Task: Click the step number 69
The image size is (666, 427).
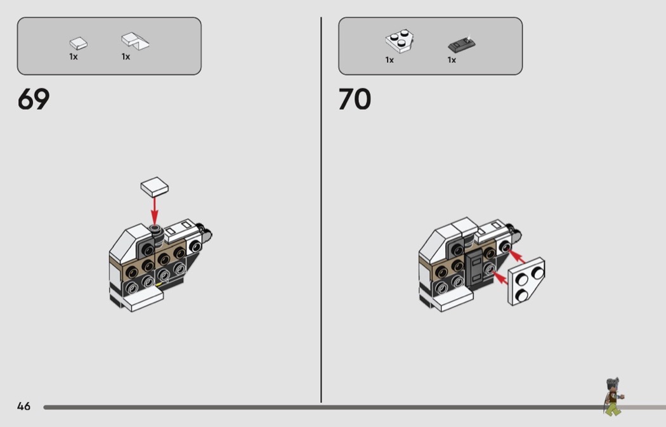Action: pyautogui.click(x=34, y=99)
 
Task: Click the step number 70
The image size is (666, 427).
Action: pyautogui.click(x=355, y=99)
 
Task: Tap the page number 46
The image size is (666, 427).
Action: pyautogui.click(x=24, y=407)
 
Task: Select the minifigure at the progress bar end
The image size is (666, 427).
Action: pyautogui.click(x=613, y=397)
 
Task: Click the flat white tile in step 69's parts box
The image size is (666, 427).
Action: pyautogui.click(x=79, y=43)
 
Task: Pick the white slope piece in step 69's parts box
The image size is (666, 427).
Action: pyautogui.click(x=135, y=41)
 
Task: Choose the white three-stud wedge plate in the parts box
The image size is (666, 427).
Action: pyautogui.click(x=400, y=41)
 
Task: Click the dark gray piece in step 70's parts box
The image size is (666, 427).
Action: pyautogui.click(x=462, y=44)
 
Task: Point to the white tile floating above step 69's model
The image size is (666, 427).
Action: pyautogui.click(x=155, y=187)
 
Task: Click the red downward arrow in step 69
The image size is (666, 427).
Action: pyautogui.click(x=155, y=211)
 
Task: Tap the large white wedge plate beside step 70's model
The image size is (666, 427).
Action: pyautogui.click(x=526, y=281)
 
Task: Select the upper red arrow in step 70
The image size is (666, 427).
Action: pyautogui.click(x=517, y=256)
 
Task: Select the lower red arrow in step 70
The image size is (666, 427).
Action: pyautogui.click(x=500, y=278)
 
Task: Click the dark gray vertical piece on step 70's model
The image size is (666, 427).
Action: pyautogui.click(x=475, y=268)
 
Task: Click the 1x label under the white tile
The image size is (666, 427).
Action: pyautogui.click(x=74, y=56)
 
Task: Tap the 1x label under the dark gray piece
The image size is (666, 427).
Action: pyautogui.click(x=452, y=60)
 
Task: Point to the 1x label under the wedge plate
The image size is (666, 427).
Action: pyautogui.click(x=389, y=60)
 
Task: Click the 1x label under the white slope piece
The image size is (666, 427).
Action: pyautogui.click(x=126, y=56)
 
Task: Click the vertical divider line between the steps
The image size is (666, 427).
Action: pyautogui.click(x=321, y=210)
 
